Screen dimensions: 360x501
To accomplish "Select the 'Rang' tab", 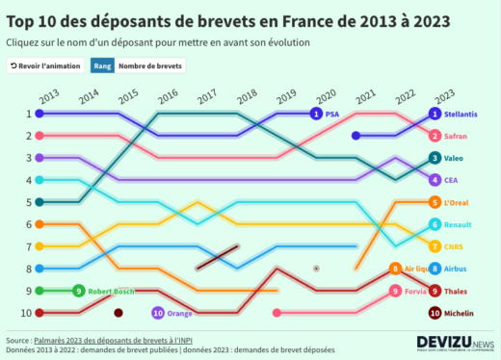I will pyautogui.click(x=102, y=65).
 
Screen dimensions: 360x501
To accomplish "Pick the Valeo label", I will pyautogui.click(x=454, y=158).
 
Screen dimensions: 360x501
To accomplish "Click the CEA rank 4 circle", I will pyautogui.click(x=435, y=180).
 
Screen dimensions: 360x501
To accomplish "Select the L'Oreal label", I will pyautogui.click(x=458, y=202).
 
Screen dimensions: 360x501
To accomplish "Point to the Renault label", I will pyautogui.click(x=458, y=224).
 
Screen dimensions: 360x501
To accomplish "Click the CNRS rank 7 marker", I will pyautogui.click(x=435, y=246).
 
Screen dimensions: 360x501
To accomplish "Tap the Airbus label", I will pyautogui.click(x=456, y=269).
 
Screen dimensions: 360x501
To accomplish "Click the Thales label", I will pyautogui.click(x=456, y=291).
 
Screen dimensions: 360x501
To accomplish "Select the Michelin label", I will pyautogui.click(x=460, y=313).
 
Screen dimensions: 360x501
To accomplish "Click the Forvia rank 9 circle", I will pyautogui.click(x=395, y=291).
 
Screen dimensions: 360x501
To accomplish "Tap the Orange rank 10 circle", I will pyautogui.click(x=157, y=313).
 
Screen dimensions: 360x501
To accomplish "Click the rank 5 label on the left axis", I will pyautogui.click(x=28, y=202).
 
